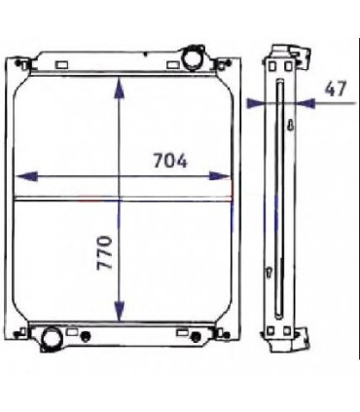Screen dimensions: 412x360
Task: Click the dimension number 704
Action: coord(169,161)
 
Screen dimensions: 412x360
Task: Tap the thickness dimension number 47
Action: coord(335,89)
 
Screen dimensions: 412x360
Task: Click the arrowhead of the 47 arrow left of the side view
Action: coord(258,101)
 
